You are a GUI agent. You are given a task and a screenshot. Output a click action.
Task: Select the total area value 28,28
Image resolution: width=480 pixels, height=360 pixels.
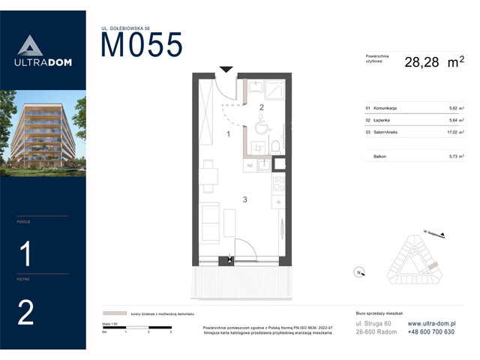(x=421, y=63)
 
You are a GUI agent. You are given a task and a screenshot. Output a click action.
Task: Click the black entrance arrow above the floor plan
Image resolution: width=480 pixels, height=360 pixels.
(x=226, y=70)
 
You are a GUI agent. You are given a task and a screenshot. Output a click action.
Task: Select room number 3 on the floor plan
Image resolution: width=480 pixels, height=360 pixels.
(x=244, y=199)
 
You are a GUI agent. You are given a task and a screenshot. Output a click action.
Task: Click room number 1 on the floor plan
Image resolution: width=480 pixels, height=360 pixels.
(x=228, y=134)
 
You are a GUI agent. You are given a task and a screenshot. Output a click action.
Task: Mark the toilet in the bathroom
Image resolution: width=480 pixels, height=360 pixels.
(x=275, y=145)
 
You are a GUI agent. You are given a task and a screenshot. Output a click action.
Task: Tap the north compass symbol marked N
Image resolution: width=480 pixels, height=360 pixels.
(x=359, y=271)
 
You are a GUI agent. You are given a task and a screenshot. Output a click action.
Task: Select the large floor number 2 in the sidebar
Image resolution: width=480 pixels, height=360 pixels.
(x=25, y=313)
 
